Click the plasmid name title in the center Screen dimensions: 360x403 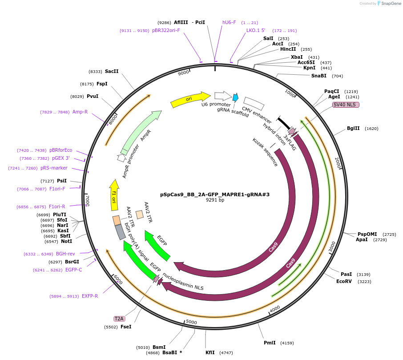pos(215,194)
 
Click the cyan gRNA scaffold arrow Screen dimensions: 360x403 pos(235,97)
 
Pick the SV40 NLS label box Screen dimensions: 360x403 pos(346,105)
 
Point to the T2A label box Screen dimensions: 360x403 pos(119,319)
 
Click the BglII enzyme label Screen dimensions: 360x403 pos(353,129)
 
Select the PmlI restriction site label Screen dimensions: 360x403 pos(270,343)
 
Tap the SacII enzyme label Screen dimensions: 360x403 pos(112,71)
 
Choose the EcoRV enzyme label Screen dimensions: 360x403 pos(344,281)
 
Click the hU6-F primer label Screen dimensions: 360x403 pos(229,22)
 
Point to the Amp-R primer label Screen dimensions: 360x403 pos(80,112)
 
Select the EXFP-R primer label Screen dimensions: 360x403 pos(89,296)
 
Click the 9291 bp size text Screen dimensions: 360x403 pos(215,200)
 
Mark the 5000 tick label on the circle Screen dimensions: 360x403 pos(191,322)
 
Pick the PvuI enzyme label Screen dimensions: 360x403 pos(93,96)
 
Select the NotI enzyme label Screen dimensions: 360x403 pos(66,241)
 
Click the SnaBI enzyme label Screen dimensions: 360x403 pos(318,76)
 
